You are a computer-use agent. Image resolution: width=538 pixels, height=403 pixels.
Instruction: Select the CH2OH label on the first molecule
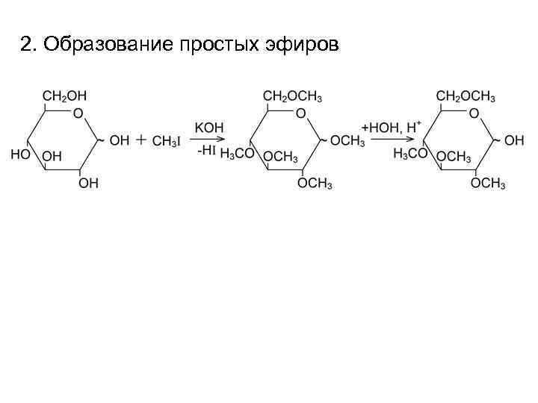[64, 96]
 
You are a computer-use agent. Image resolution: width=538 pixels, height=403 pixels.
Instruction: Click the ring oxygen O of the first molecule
[78, 114]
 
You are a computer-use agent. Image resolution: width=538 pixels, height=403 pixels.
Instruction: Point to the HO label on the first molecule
[21, 156]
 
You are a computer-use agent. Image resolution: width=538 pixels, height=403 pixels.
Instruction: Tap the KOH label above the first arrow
[207, 125]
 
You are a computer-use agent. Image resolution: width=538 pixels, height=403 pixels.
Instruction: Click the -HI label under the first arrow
[206, 151]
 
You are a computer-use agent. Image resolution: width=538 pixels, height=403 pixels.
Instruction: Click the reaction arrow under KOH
[208, 139]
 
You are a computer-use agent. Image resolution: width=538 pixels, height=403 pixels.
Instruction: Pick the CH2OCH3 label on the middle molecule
[293, 96]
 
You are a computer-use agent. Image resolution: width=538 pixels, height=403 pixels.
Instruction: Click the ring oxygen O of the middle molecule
[300, 114]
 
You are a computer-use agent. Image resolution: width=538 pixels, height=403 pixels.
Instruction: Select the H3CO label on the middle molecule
[238, 156]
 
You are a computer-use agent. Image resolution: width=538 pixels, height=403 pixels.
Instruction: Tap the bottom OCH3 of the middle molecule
[315, 184]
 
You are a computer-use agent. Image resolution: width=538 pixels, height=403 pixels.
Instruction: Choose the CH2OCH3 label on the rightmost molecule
[466, 96]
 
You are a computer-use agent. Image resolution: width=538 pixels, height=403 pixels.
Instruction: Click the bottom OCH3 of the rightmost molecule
[488, 184]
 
